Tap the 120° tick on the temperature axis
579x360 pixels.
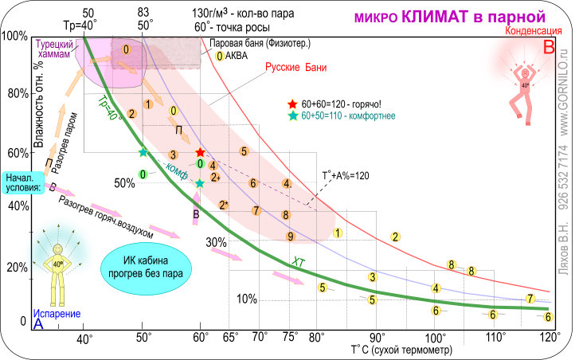[x=548, y=337]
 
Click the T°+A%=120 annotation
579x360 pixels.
[x=346, y=176]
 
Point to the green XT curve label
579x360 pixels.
[x=298, y=260]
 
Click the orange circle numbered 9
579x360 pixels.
[x=291, y=236]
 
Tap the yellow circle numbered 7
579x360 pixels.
[x=530, y=299]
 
